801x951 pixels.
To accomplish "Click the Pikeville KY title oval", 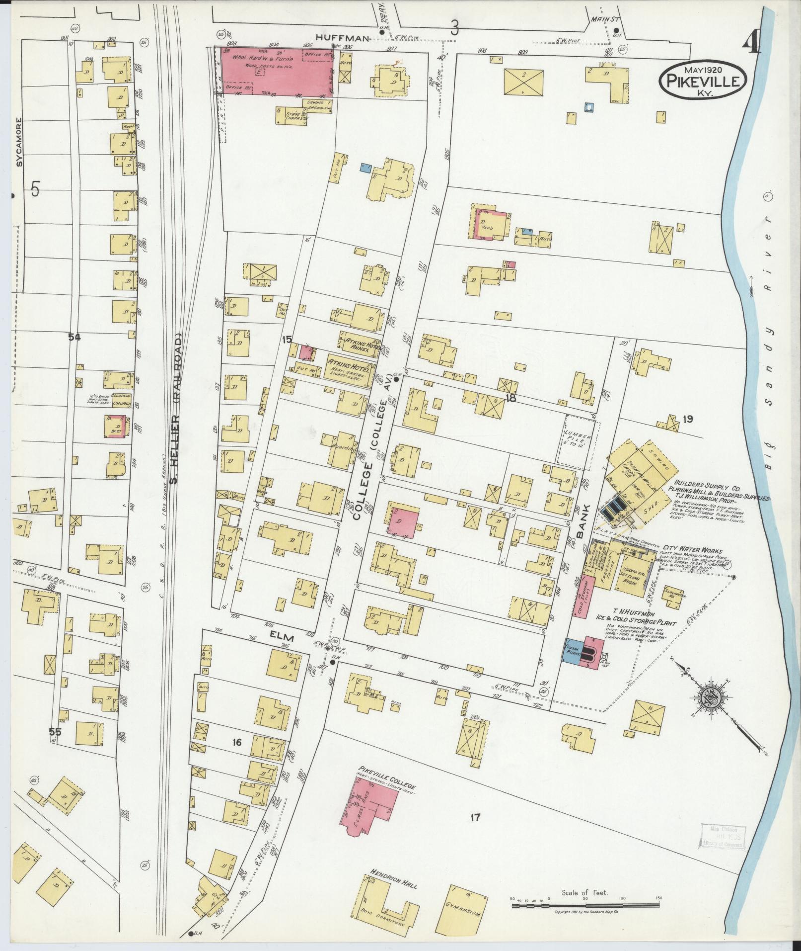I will pos(704,78).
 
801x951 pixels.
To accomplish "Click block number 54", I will pos(74,338).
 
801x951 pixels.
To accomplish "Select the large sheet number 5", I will pos(35,189).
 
